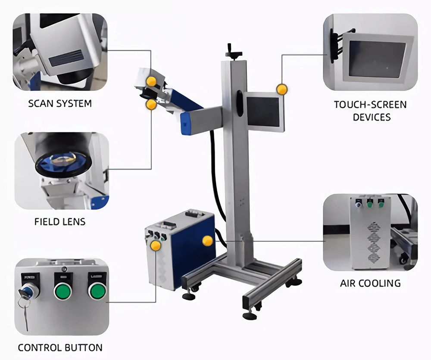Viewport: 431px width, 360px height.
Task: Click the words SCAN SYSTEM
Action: [60, 103]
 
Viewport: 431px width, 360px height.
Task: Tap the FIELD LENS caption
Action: [60, 222]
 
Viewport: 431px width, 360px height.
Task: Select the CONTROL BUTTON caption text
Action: [60, 348]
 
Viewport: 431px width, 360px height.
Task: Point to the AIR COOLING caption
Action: [370, 283]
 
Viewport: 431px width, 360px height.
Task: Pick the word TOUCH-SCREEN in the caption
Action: [370, 105]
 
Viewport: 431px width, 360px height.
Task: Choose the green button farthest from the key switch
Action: [97, 291]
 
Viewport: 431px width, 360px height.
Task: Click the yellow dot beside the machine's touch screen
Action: [281, 89]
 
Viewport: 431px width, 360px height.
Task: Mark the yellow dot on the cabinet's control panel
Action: [156, 245]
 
